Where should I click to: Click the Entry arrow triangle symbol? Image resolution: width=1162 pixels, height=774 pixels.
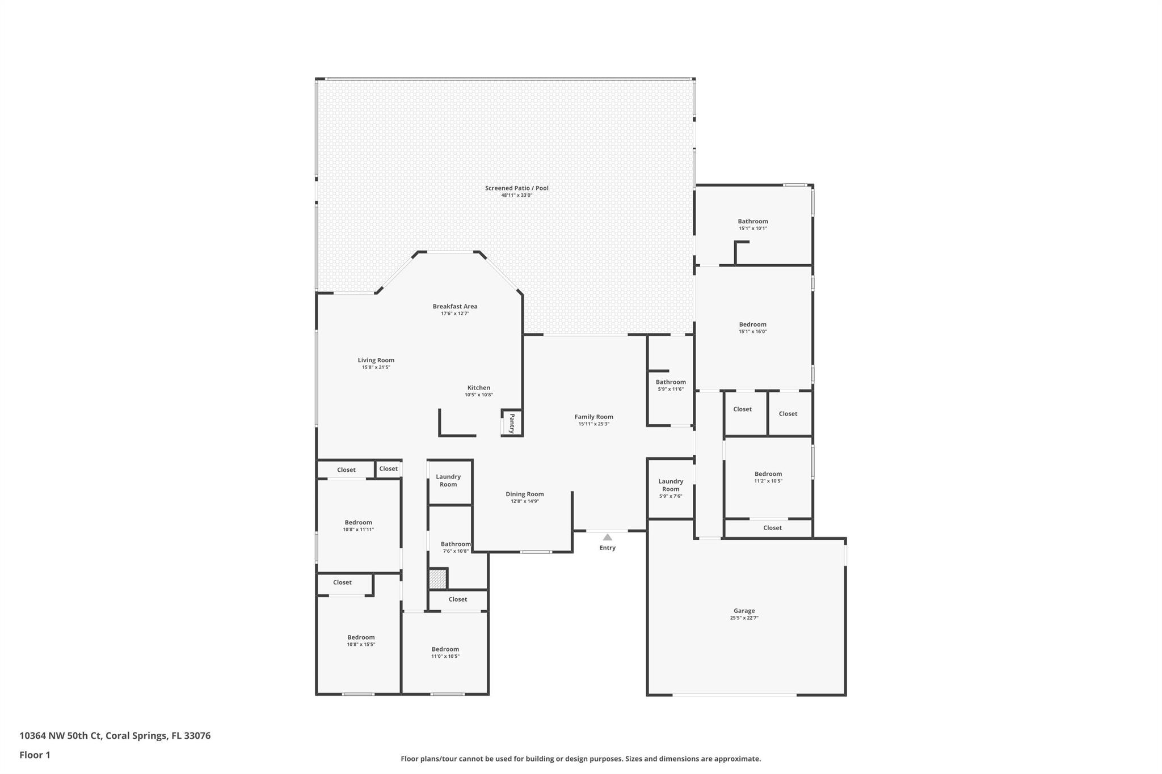(607, 537)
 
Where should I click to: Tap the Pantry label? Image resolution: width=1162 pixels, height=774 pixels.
(511, 423)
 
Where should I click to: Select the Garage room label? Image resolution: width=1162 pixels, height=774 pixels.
(744, 611)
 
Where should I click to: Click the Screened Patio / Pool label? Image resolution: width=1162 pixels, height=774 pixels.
(516, 188)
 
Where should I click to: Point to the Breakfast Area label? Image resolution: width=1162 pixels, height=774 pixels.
(455, 306)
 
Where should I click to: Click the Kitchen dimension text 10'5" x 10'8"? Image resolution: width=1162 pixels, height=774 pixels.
(479, 395)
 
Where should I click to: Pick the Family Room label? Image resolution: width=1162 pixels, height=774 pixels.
(593, 417)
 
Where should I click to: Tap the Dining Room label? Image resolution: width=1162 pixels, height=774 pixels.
(525, 494)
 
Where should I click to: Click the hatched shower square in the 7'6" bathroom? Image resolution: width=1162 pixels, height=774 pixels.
(437, 579)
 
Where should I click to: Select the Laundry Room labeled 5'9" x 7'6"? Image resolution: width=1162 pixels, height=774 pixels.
(671, 485)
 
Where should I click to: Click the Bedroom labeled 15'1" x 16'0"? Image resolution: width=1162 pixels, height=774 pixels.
(752, 324)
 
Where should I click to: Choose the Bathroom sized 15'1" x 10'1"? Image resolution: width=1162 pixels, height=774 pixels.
(752, 221)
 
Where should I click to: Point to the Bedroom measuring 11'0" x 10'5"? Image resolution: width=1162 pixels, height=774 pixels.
(445, 649)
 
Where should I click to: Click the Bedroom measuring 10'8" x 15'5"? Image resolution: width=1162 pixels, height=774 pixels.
(361, 637)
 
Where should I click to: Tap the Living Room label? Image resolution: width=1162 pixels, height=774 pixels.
(376, 360)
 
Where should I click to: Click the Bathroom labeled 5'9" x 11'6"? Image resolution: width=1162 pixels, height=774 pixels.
(671, 382)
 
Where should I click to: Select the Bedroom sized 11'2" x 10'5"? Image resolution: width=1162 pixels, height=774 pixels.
(768, 474)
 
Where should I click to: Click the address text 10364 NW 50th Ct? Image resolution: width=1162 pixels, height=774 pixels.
(60, 736)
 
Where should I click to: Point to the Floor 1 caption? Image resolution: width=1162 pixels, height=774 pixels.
(35, 755)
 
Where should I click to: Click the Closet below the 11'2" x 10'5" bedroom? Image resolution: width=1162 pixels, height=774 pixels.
(772, 528)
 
